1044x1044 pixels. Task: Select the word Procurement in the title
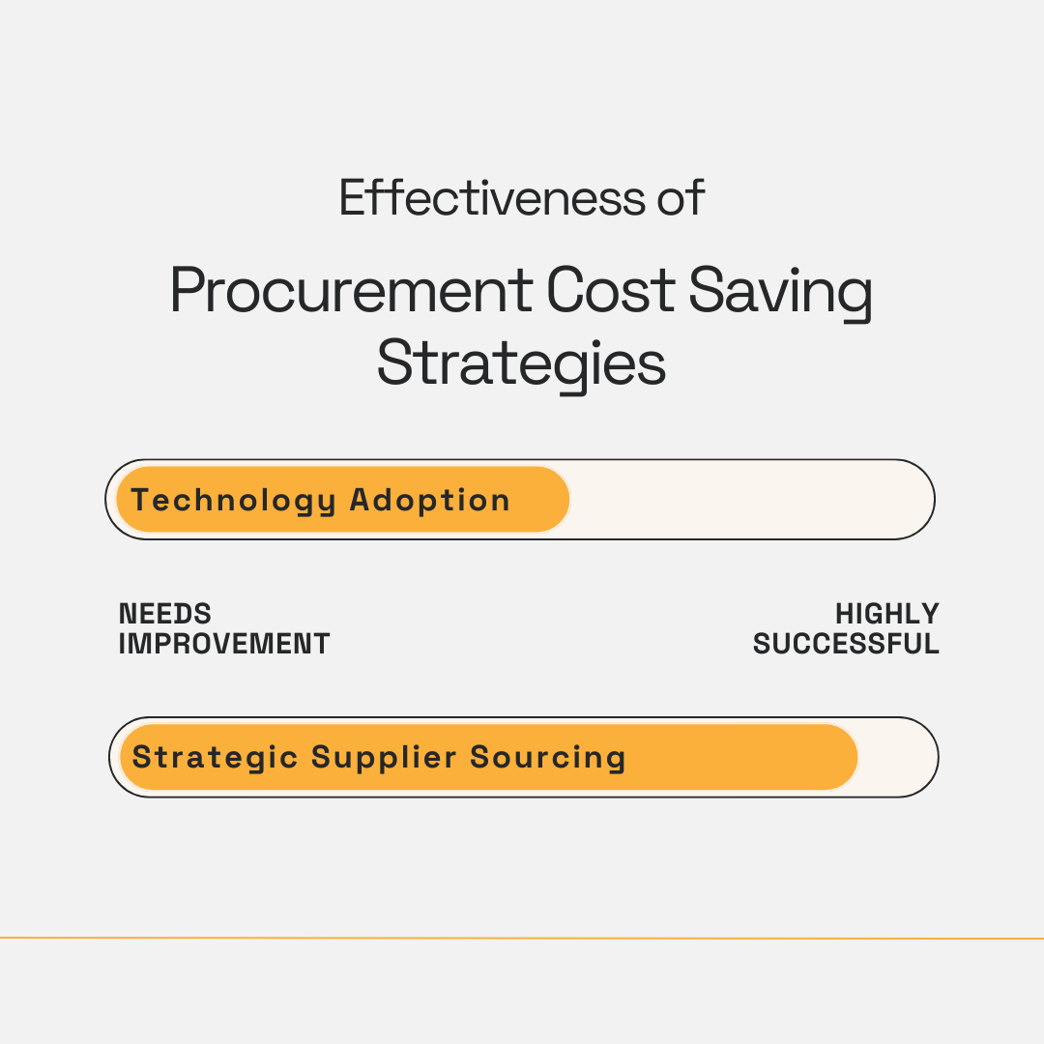click(351, 291)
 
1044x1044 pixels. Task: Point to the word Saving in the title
click(781, 291)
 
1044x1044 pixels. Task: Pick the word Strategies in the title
click(521, 365)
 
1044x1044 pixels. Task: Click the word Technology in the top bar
click(234, 501)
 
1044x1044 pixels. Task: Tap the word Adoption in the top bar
click(429, 501)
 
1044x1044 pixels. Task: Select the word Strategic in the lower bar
click(216, 757)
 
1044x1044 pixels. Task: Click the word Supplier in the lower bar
click(385, 757)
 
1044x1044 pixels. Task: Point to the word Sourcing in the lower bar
click(548, 757)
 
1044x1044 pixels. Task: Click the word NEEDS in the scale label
click(165, 614)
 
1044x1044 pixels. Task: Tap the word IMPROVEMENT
click(224, 644)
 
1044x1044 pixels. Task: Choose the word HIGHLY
click(887, 614)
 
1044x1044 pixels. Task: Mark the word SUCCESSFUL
click(846, 644)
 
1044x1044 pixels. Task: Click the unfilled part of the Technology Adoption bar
click(749, 500)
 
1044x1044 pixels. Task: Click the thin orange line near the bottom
click(522, 938)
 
